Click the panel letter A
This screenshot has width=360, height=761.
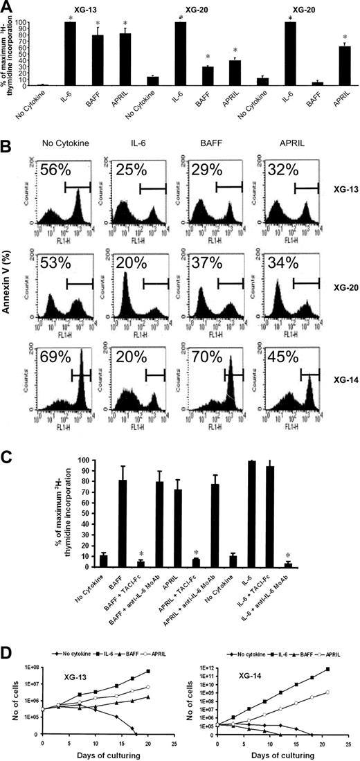click(x=8, y=7)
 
